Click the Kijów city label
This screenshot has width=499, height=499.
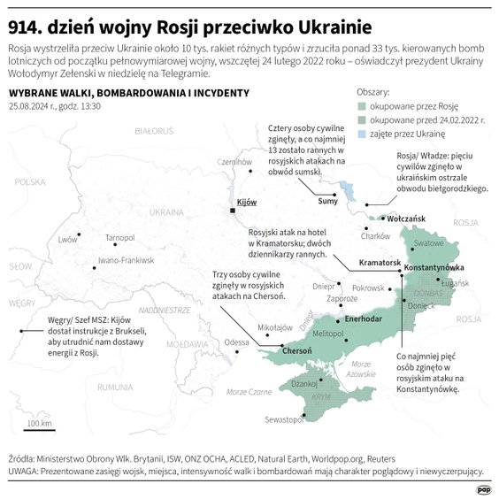pos(247,203)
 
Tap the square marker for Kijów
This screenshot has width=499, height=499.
pos(233,211)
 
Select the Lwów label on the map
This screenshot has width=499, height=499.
pos(67,240)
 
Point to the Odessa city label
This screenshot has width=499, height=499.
pos(236,342)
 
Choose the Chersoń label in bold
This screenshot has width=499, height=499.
pos(296,350)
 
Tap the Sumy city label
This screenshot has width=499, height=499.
pos(327,201)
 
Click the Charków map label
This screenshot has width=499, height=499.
pos(376,236)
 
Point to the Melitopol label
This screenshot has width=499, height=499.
pos(328,333)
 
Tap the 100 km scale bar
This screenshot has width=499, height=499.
pos(39,430)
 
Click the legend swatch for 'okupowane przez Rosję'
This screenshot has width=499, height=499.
pos(362,104)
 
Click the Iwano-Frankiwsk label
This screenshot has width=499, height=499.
pos(126,260)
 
